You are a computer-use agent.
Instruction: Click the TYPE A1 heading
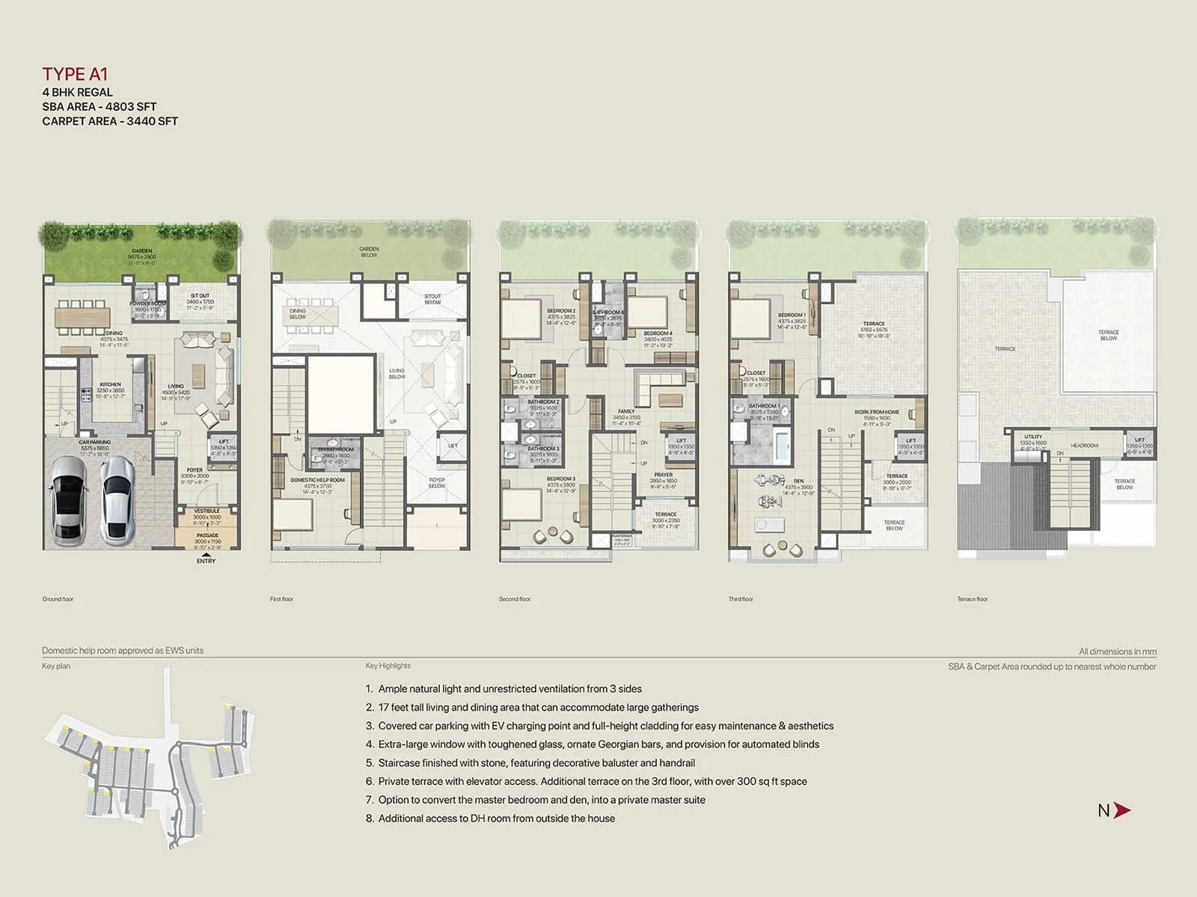point(75,73)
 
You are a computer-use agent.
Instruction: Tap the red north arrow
point(1121,810)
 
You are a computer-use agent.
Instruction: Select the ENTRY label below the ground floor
point(206,561)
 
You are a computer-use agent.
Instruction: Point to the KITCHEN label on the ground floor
point(110,384)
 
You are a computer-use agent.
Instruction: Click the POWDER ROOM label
point(147,303)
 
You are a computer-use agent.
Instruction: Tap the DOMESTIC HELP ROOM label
point(317,480)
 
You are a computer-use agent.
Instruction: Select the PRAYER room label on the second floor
point(663,475)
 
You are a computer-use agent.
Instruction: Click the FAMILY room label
point(626,411)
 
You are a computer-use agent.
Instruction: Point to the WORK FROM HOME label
point(877,412)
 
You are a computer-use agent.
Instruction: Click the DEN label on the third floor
point(798,481)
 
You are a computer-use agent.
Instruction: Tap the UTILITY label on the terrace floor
point(1033,437)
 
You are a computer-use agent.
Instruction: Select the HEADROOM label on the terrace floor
point(1084,446)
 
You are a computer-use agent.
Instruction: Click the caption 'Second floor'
point(515,599)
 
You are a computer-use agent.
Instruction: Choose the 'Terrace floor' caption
point(973,599)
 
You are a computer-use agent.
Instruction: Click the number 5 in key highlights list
point(370,763)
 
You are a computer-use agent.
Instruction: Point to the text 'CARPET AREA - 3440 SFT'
point(110,121)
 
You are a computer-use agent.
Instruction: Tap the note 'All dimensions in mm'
point(1117,652)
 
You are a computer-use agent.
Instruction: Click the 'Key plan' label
point(56,666)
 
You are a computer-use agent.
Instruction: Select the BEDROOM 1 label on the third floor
point(792,315)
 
